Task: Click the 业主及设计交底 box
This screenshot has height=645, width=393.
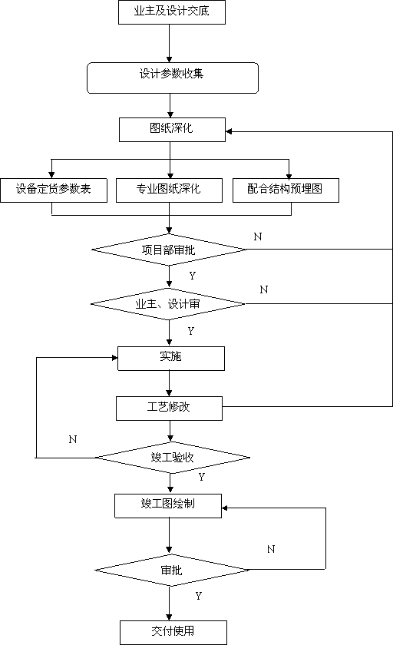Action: [x=172, y=12]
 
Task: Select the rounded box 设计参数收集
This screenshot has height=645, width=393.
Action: [x=173, y=78]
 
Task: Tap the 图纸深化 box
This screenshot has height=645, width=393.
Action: [x=172, y=130]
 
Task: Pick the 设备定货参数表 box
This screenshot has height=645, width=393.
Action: [x=54, y=190]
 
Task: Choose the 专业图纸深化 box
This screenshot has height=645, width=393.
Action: [x=169, y=190]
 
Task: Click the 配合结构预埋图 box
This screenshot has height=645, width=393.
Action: [x=286, y=190]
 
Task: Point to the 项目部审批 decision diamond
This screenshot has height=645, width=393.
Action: [x=169, y=250]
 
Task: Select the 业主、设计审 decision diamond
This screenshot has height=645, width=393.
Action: [x=168, y=304]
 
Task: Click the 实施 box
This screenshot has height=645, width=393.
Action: [x=171, y=359]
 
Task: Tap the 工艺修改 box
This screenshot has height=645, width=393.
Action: [x=169, y=408]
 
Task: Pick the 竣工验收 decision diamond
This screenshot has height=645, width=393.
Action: [x=173, y=458]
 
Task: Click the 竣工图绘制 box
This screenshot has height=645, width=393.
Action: [x=168, y=506]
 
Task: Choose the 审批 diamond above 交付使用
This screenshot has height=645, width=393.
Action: [x=172, y=570]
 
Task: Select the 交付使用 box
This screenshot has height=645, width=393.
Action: [x=173, y=633]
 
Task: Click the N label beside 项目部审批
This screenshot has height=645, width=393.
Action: [x=258, y=237]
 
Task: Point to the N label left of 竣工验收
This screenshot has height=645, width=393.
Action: [x=73, y=439]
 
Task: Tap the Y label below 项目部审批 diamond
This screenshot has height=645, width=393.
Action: [x=193, y=276]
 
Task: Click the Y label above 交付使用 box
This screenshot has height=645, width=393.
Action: [x=199, y=596]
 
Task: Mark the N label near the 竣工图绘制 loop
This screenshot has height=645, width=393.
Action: [x=271, y=549]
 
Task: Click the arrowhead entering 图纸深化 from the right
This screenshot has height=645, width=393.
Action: [x=229, y=131]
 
